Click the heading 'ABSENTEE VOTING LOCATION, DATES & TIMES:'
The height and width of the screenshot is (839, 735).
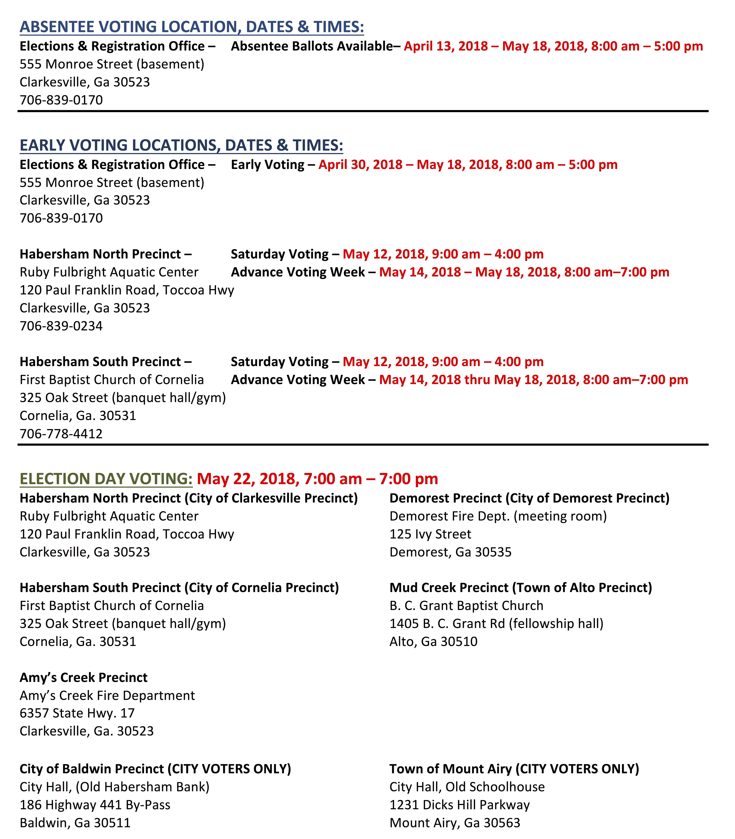click(x=192, y=27)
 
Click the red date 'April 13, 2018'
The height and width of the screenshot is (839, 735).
click(x=446, y=46)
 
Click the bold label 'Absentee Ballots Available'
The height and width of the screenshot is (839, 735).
click(x=312, y=46)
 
